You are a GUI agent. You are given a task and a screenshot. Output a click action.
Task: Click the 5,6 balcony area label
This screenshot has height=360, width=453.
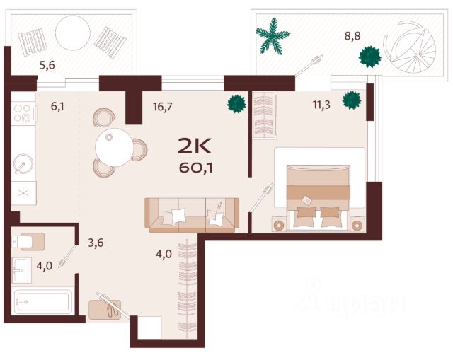[x=47, y=66]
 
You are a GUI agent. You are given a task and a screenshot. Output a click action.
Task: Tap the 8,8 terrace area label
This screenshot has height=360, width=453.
[x=352, y=36]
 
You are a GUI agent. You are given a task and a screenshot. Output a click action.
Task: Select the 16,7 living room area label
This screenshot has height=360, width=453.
[x=163, y=107]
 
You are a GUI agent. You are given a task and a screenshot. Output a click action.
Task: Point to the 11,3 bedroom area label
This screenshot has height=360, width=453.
[x=321, y=105]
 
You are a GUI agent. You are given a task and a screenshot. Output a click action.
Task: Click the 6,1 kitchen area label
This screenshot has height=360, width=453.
[x=57, y=107]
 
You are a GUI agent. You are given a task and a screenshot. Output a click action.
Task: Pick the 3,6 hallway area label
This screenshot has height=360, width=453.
[x=96, y=243]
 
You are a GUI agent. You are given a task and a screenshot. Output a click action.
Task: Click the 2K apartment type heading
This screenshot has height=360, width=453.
[x=195, y=146]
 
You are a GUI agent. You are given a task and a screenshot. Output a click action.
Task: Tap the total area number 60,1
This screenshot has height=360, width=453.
[x=195, y=168]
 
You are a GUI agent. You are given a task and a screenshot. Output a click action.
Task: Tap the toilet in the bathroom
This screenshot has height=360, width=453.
[x=28, y=242]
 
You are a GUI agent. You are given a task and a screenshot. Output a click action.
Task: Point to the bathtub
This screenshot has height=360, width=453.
[x=43, y=302]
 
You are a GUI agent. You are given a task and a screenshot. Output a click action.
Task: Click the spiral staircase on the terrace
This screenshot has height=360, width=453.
[x=410, y=49]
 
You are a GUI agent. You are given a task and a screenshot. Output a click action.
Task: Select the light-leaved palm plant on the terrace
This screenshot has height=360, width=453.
[x=273, y=36]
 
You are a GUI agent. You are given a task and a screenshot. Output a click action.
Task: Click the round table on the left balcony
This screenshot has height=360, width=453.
[x=73, y=33]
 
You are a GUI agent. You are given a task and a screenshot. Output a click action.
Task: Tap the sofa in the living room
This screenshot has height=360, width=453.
[x=192, y=216]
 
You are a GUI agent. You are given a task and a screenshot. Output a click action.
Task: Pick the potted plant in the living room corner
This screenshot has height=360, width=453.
[x=236, y=104]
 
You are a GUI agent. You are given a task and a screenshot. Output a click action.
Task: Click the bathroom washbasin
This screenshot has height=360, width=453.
[x=21, y=270]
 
